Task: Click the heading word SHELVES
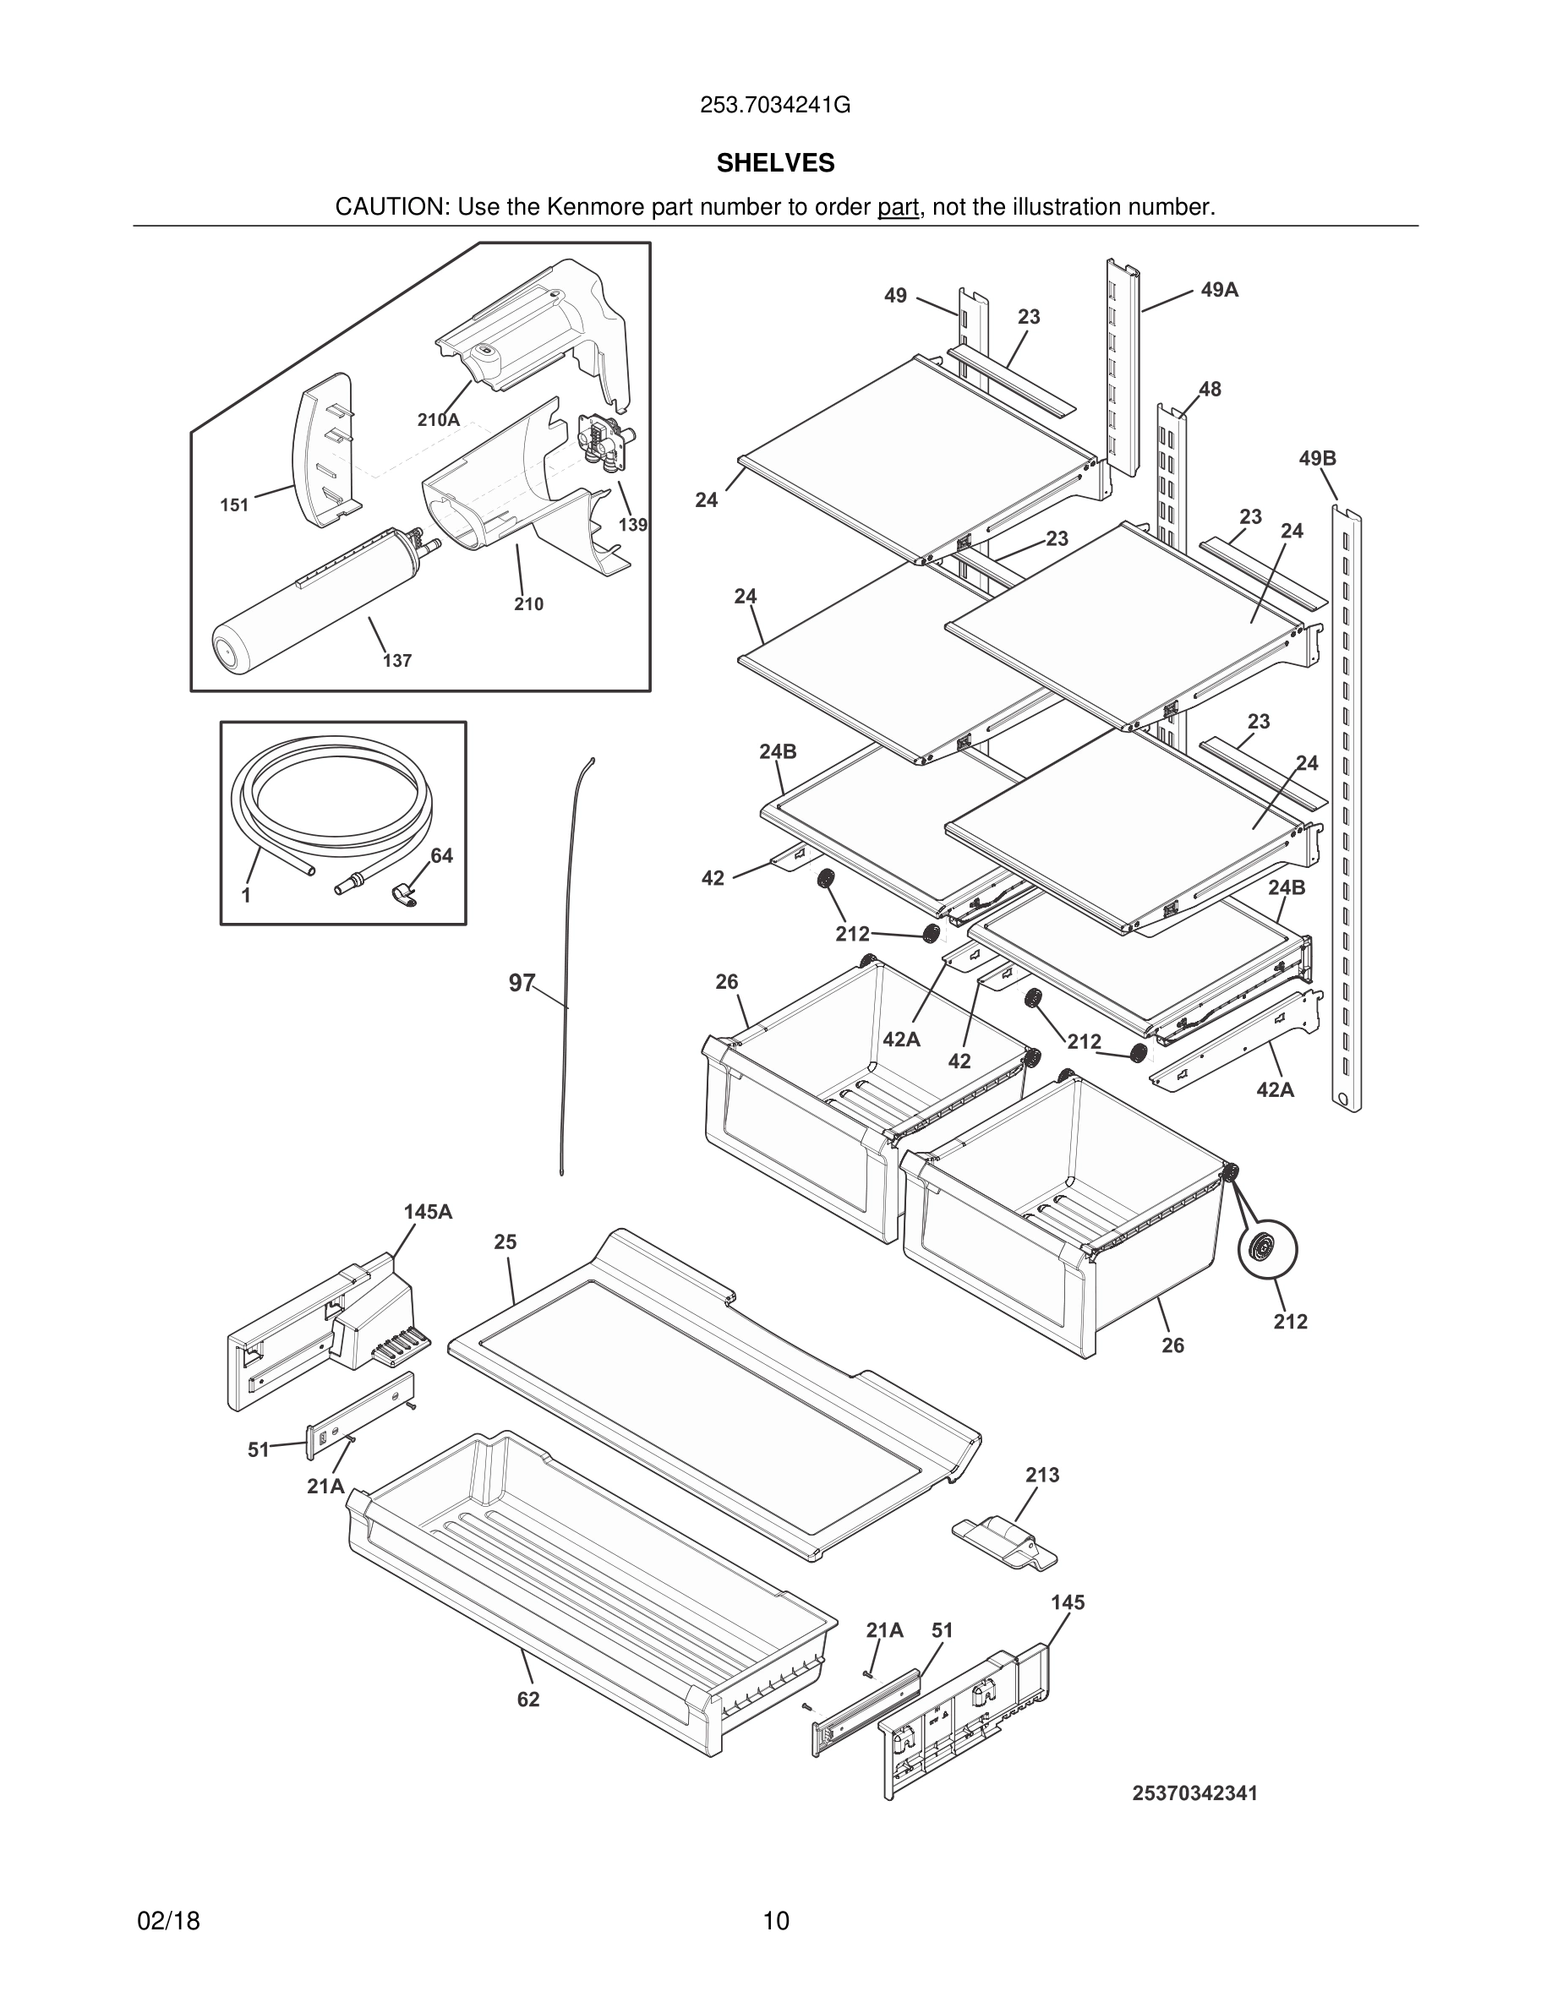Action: pos(775,164)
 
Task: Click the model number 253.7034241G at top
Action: pos(775,106)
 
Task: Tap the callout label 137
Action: pos(397,660)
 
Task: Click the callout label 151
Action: pos(234,505)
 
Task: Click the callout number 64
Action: pos(441,856)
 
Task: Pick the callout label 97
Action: pos(522,983)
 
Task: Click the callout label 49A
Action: pos(1219,291)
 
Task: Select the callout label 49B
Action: pos(1317,458)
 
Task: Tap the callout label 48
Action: pos(1210,389)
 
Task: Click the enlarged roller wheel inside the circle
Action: pos(1268,1249)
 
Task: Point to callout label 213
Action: pos(1041,1475)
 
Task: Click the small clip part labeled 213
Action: pos(1004,1541)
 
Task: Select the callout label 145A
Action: pos(428,1212)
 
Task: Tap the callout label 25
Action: pos(505,1242)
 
